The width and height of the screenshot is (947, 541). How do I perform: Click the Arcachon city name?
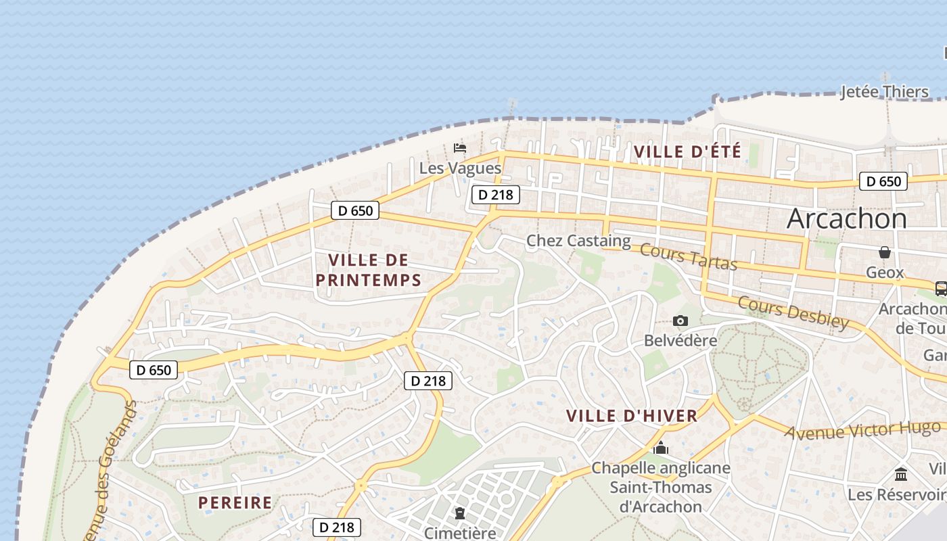847,218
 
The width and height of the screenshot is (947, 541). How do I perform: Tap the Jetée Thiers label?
884,92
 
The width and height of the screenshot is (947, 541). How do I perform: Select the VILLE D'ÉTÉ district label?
687,151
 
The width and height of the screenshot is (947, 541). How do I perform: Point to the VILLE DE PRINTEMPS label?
369,270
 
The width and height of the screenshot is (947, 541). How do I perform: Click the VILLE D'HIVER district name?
631,416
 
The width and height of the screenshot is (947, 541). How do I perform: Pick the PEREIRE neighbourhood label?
235,502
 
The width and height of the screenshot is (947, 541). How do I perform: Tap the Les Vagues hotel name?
460,168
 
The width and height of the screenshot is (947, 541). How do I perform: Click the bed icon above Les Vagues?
460,147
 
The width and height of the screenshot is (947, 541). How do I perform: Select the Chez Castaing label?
578,241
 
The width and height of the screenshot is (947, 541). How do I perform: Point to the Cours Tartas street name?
688,256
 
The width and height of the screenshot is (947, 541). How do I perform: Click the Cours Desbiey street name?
793,312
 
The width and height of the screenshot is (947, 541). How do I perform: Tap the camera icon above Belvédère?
680,321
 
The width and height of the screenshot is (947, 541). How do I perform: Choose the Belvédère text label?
680,340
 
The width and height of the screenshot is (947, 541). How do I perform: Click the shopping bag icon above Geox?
884,252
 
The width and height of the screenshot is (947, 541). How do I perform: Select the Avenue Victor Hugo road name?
862,429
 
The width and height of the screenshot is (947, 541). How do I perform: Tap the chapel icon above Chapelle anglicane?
661,448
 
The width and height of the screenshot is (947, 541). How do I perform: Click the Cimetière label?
460,533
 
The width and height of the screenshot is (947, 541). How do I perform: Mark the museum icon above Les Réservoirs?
900,474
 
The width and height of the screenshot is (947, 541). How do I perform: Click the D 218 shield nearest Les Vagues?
495,195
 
